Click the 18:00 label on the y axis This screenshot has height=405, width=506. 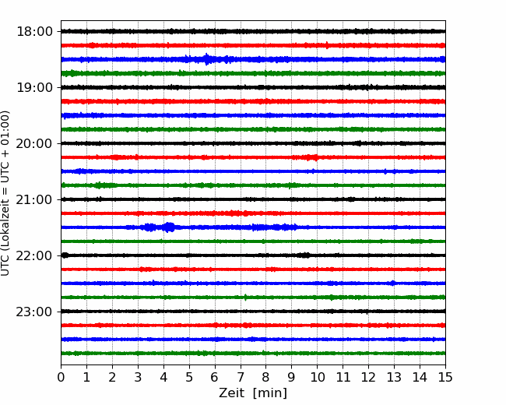click(34, 32)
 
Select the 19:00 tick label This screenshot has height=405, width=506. click(34, 87)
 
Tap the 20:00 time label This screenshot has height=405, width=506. click(34, 143)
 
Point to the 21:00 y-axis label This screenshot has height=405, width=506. click(34, 199)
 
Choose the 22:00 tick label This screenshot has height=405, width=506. click(34, 255)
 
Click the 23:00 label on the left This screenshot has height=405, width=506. click(34, 312)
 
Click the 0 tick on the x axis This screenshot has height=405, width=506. click(61, 377)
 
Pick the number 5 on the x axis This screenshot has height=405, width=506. click(189, 377)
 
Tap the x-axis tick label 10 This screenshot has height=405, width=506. click(317, 377)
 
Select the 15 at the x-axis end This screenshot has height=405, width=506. click(445, 377)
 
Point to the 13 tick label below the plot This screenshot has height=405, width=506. click(394, 377)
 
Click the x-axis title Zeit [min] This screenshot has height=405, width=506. click(253, 393)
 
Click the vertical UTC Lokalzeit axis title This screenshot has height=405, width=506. click(5, 193)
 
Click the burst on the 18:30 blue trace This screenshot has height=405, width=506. click(207, 59)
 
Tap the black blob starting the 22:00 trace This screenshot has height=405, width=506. click(65, 255)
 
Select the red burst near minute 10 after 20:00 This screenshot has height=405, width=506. click(310, 157)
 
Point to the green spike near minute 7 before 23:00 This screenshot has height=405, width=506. click(245, 297)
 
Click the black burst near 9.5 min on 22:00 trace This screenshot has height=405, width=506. click(304, 255)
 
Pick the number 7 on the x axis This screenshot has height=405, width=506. click(241, 377)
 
